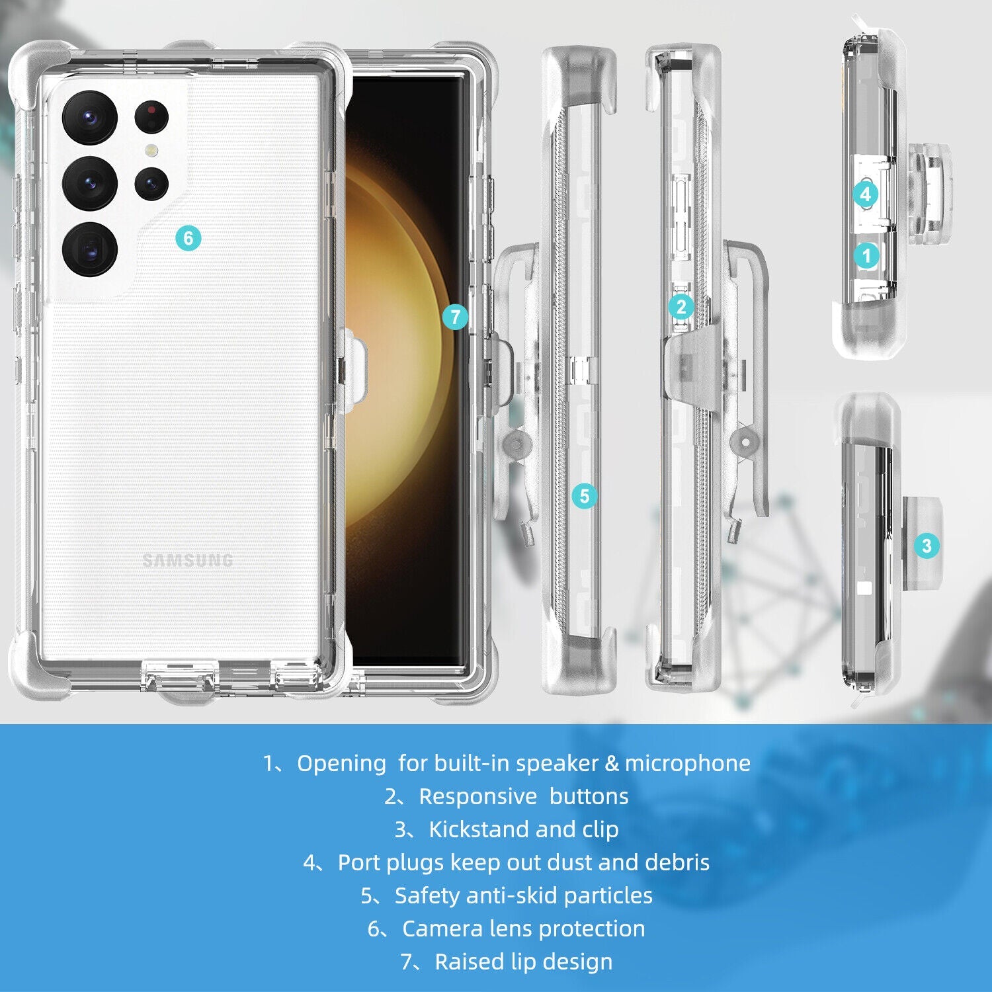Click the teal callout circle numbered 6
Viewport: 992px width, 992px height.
point(188,238)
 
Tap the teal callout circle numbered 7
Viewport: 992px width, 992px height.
point(455,317)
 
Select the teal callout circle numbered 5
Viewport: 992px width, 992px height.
point(584,496)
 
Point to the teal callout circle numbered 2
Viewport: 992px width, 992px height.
point(681,307)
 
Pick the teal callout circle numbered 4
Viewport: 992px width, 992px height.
point(866,194)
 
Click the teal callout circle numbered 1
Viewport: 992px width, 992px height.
point(866,255)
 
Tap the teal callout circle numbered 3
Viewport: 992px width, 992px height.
point(927,546)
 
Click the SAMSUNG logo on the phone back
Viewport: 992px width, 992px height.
point(188,561)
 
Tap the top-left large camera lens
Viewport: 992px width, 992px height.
point(90,118)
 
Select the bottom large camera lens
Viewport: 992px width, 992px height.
point(90,249)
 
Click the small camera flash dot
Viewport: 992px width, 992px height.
point(152,151)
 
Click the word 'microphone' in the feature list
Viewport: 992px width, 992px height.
point(688,763)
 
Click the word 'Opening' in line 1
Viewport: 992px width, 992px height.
point(341,764)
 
